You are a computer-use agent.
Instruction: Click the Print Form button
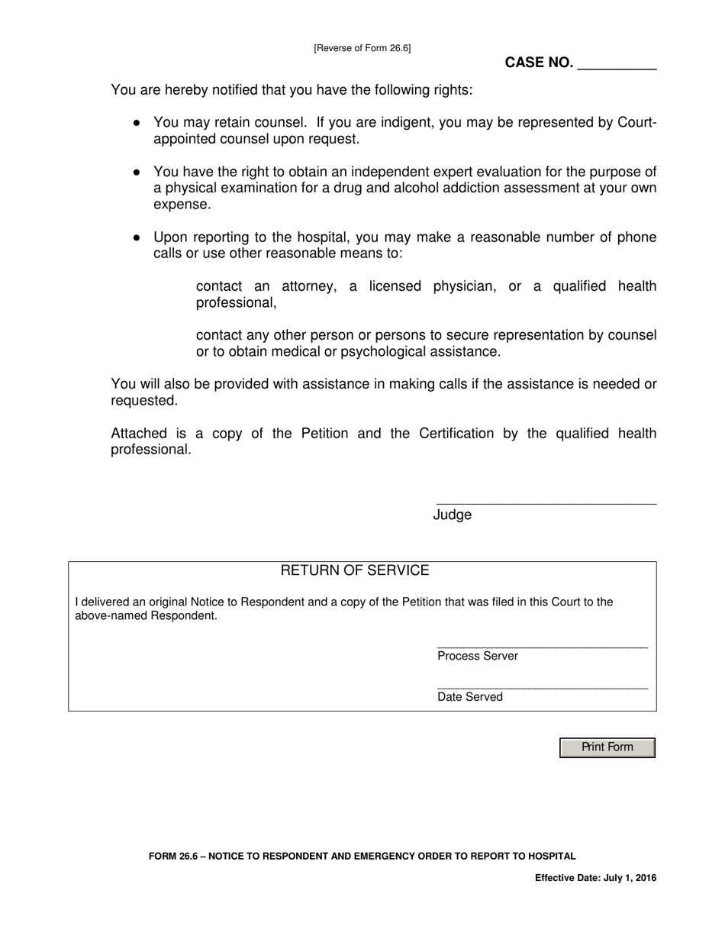[x=607, y=747]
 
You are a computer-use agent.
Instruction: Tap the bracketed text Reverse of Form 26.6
[x=362, y=48]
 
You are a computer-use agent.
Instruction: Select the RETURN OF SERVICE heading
[x=355, y=571]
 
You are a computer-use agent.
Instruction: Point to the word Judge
[x=453, y=515]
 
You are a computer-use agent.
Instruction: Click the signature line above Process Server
[x=542, y=647]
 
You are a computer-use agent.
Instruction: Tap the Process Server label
[x=478, y=657]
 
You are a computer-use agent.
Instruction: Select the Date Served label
[x=470, y=697]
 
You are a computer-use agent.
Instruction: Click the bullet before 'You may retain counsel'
[x=137, y=122]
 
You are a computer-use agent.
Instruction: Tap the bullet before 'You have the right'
[x=137, y=172]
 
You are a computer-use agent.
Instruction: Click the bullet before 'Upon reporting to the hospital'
[x=137, y=237]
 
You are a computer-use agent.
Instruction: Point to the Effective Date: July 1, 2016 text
[x=595, y=878]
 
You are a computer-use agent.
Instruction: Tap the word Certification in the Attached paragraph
[x=456, y=434]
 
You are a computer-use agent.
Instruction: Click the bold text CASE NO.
[x=539, y=63]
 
